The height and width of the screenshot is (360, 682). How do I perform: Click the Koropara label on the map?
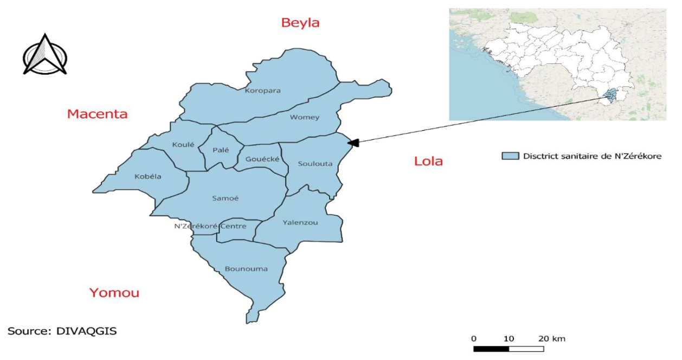263,91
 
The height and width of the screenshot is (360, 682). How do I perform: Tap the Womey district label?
304,117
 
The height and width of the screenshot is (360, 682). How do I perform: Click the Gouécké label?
262,159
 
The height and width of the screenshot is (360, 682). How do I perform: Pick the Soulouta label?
315,164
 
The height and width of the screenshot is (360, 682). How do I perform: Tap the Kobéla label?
147,176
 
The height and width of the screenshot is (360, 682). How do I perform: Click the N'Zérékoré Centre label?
210,226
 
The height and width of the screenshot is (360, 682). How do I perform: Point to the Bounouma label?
246,268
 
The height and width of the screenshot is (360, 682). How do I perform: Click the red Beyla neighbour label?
300,23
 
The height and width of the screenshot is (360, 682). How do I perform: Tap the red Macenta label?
97,114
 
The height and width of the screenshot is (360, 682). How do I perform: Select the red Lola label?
428,161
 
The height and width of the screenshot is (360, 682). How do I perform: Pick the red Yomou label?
114,293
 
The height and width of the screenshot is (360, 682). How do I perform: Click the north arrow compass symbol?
45,55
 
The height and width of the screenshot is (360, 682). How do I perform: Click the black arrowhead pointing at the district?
353,142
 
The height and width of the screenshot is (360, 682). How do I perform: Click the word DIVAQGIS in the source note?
87,330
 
